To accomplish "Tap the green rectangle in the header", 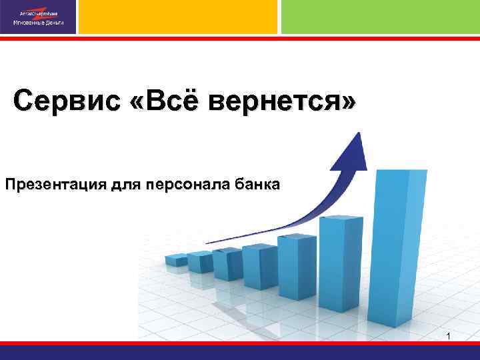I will pyautogui.click(x=380, y=17).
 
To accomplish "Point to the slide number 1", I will pyautogui.click(x=449, y=336).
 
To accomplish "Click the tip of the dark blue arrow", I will pyautogui.click(x=359, y=134).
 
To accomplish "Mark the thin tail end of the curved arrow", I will pyautogui.click(x=208, y=242).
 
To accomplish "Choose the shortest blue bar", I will pyautogui.click(x=176, y=259).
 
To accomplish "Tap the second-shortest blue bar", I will pyautogui.click(x=199, y=261).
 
